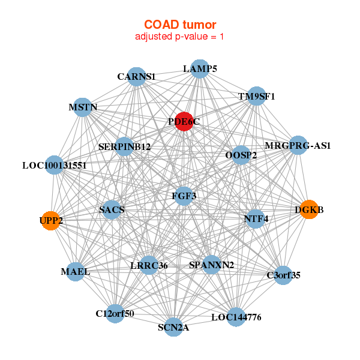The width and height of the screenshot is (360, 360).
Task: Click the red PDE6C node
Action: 184,121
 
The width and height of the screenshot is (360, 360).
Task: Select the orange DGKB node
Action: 308,209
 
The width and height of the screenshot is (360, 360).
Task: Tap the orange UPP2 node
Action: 51,220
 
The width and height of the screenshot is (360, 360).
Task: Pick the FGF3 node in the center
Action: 184,196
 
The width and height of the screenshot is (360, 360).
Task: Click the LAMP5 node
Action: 200,68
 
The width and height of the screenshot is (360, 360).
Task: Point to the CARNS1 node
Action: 137,76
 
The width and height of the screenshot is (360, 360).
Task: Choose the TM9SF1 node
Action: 256,96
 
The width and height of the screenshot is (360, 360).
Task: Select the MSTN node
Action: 83,107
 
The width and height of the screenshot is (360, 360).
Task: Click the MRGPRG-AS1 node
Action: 298,145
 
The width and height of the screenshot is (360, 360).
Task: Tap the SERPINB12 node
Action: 124,146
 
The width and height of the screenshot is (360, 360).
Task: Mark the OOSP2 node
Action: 241,155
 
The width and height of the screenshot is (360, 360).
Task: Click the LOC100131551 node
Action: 55,165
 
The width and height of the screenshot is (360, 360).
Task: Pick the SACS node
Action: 112,209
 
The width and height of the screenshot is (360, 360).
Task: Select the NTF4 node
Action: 256,218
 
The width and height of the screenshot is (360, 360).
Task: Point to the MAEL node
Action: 76,271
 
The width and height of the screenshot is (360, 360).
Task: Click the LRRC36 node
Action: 149,265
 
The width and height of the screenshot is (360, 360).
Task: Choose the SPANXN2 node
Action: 211,265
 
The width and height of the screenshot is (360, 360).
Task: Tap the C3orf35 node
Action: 283,275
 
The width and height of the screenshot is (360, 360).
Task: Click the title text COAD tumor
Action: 180,25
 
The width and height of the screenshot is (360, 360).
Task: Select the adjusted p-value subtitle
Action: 180,37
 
